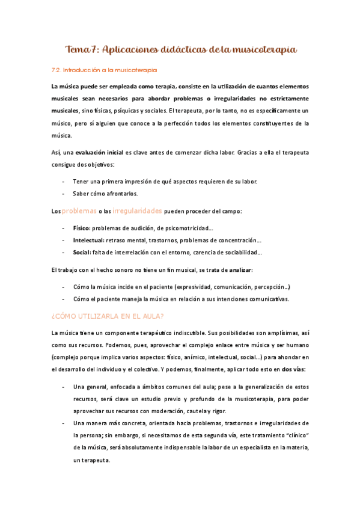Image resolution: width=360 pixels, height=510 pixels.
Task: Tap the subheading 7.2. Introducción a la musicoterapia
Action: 105,70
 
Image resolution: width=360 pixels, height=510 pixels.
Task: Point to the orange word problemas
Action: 79,211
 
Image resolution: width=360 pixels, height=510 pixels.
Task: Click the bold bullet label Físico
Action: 81,229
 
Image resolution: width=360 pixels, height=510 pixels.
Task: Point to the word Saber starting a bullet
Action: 81,194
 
